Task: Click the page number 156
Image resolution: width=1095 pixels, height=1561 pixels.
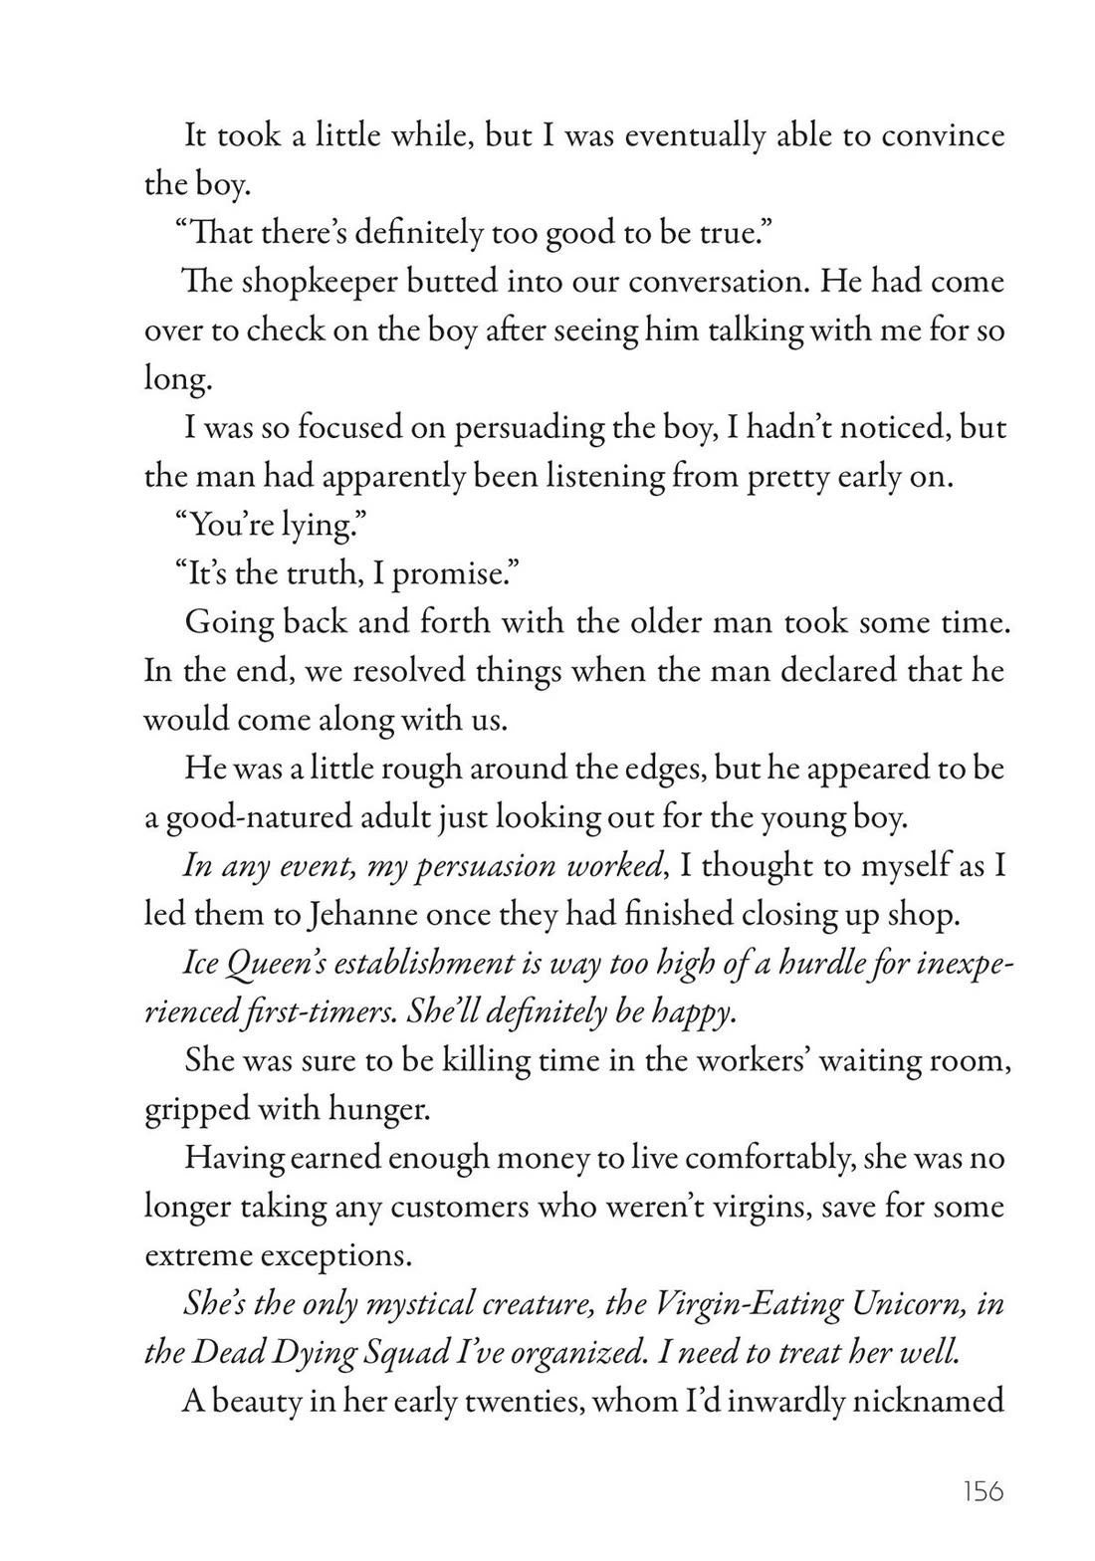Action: [983, 1491]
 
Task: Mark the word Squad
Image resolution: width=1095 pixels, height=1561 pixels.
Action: [371, 1353]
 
